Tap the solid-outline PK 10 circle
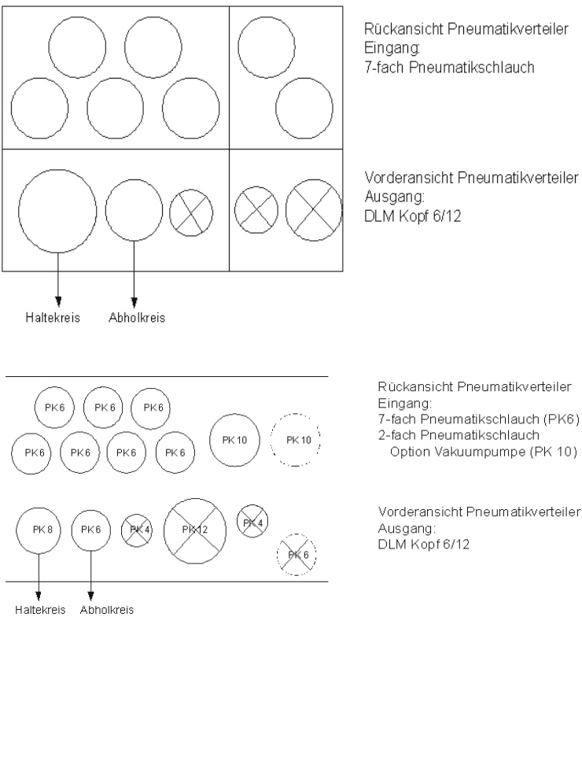point(234,440)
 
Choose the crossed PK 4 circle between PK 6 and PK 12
point(137,530)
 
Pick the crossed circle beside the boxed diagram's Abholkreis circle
point(191,212)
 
